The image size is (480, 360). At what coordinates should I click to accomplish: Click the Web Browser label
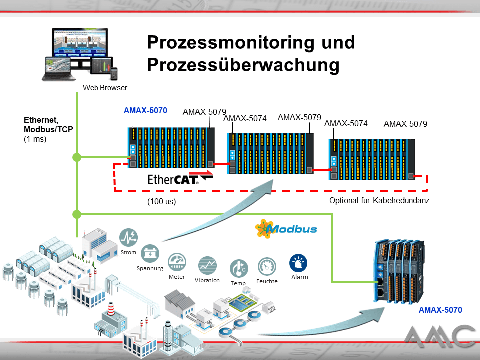pyautogui.click(x=105, y=88)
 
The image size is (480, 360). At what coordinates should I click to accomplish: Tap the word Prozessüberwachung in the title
pyautogui.click(x=243, y=65)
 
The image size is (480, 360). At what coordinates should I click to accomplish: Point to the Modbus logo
pyautogui.click(x=286, y=229)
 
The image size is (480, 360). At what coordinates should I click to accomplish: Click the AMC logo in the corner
pyautogui.click(x=439, y=337)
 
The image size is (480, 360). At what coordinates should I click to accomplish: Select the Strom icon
pyautogui.click(x=129, y=237)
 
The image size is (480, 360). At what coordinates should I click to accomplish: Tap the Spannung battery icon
pyautogui.click(x=150, y=253)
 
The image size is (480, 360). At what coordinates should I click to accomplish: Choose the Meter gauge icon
pyautogui.click(x=176, y=262)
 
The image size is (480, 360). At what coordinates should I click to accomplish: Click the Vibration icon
pyautogui.click(x=207, y=265)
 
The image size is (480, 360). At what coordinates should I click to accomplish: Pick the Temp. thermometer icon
pyautogui.click(x=238, y=269)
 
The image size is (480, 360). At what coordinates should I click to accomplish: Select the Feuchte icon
pyautogui.click(x=267, y=267)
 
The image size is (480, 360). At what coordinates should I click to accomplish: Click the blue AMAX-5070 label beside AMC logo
pyautogui.click(x=440, y=310)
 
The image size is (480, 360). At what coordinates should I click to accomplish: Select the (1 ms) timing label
pyautogui.click(x=35, y=139)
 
